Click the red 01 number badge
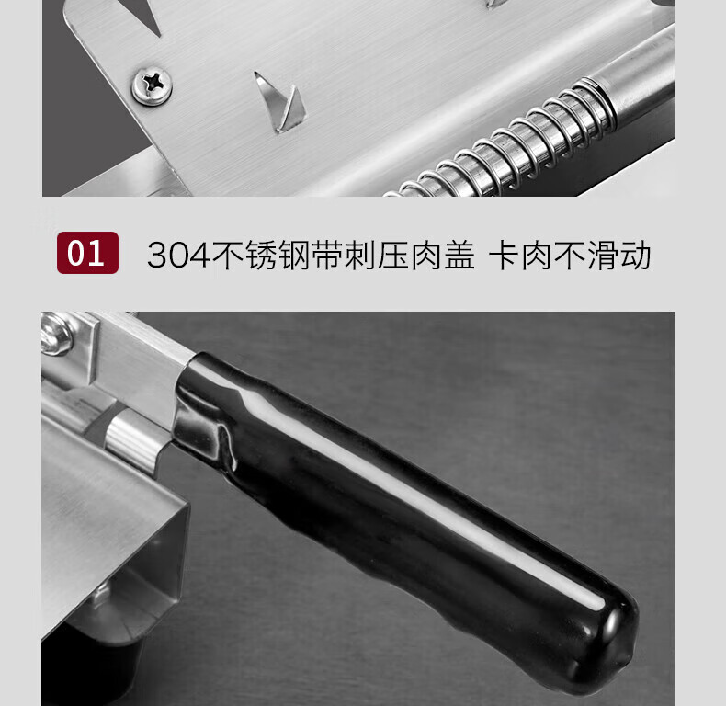click(87, 253)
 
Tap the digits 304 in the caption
click(178, 256)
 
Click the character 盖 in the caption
click(459, 255)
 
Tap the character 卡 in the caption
click(504, 255)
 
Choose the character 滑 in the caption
click(603, 255)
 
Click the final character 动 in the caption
click(636, 255)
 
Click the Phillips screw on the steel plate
click(152, 85)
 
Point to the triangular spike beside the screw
click(280, 102)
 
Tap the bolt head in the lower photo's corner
click(56, 335)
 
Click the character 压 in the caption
click(393, 255)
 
